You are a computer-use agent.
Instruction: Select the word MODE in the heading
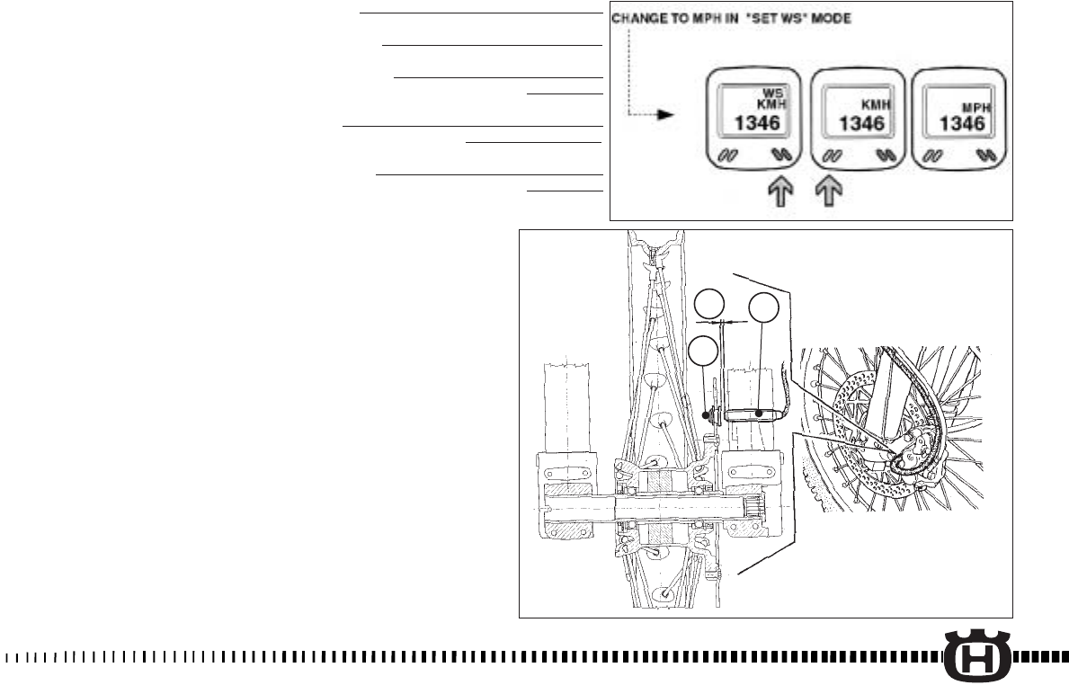(830, 17)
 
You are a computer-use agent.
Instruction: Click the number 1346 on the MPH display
(961, 124)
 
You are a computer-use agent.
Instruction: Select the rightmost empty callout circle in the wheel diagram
(762, 307)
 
